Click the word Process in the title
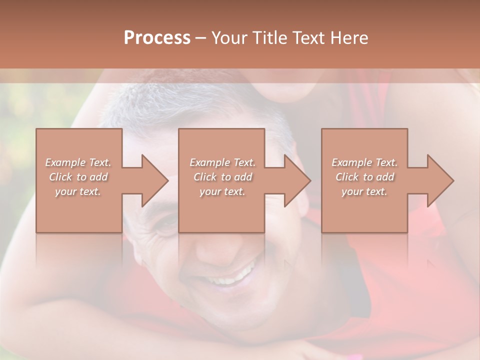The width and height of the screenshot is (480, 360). point(157,38)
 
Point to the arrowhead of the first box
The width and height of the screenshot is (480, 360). point(153,180)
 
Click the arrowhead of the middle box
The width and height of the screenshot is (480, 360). point(295,180)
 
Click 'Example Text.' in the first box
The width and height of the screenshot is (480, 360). point(78,162)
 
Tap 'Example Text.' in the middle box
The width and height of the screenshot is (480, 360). point(222,162)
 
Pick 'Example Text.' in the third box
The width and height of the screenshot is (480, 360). point(364,162)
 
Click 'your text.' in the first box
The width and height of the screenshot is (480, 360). point(78,191)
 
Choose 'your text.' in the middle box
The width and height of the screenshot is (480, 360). point(222,191)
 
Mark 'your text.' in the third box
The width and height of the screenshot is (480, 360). point(364,191)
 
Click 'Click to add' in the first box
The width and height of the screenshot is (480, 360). point(78,177)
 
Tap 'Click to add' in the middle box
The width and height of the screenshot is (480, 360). point(222,177)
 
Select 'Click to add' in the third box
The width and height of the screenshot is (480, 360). point(364,177)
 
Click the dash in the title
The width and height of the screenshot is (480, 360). point(201,38)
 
